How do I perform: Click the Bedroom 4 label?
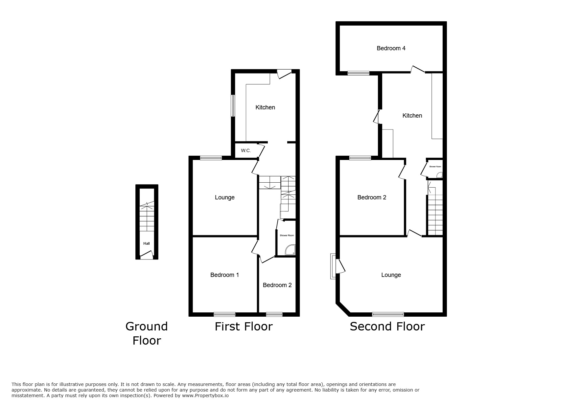[x=391, y=48]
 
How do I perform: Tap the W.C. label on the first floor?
[x=246, y=150]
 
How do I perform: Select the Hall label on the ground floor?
[x=147, y=243]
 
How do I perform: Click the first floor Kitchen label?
[x=265, y=107]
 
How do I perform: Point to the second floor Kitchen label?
[x=412, y=116]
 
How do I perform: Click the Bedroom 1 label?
[x=224, y=275]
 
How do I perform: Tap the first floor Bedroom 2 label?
[x=277, y=285]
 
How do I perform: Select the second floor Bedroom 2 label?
[x=372, y=197]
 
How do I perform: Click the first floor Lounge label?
[x=224, y=197]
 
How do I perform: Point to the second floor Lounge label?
[x=391, y=275]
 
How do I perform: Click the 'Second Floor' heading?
[x=387, y=327]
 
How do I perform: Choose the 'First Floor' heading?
[x=244, y=327]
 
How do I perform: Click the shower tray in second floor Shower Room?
[x=439, y=175]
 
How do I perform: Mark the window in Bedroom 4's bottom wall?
[x=359, y=73]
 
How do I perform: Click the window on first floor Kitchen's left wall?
[x=233, y=105]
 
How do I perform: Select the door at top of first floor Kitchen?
[x=284, y=74]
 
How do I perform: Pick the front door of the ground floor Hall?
[x=147, y=255]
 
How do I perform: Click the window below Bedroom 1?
[x=224, y=314]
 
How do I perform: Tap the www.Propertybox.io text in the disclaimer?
[x=205, y=396]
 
